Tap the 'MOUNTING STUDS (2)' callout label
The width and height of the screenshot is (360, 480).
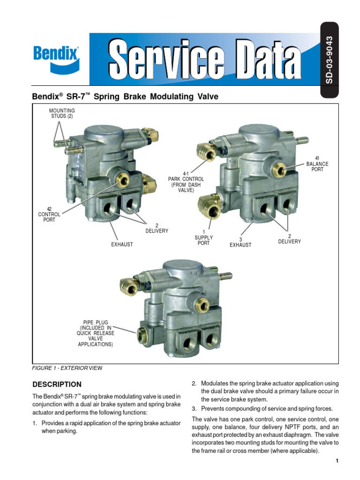pos(62,113)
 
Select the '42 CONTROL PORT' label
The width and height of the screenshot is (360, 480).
pos(49,214)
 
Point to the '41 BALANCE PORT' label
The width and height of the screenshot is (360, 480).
pos(317,164)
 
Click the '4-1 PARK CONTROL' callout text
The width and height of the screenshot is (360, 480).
pos(186,182)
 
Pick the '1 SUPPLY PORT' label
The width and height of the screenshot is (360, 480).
pos(203,238)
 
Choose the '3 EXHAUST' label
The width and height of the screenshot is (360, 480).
pos(240,242)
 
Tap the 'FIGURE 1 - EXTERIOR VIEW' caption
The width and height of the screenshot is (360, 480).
pos(67,368)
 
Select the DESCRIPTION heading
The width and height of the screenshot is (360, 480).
pos(57,384)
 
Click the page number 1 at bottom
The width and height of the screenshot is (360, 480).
pos(337,461)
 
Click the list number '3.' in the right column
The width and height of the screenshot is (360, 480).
pos(195,408)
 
